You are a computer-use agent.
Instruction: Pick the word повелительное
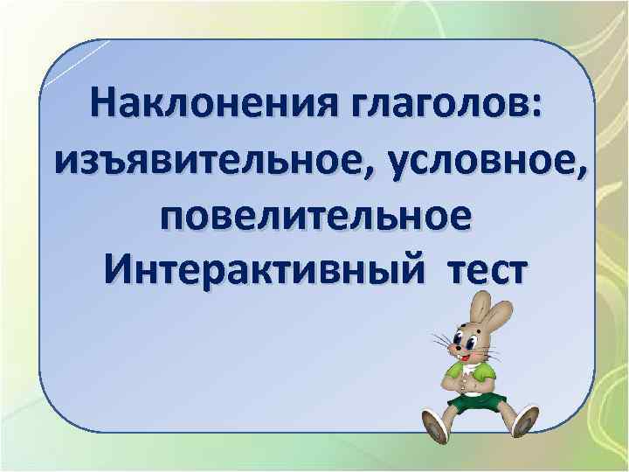pyautogui.click(x=318, y=215)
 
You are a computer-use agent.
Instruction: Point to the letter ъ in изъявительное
pyautogui.click(x=107, y=163)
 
